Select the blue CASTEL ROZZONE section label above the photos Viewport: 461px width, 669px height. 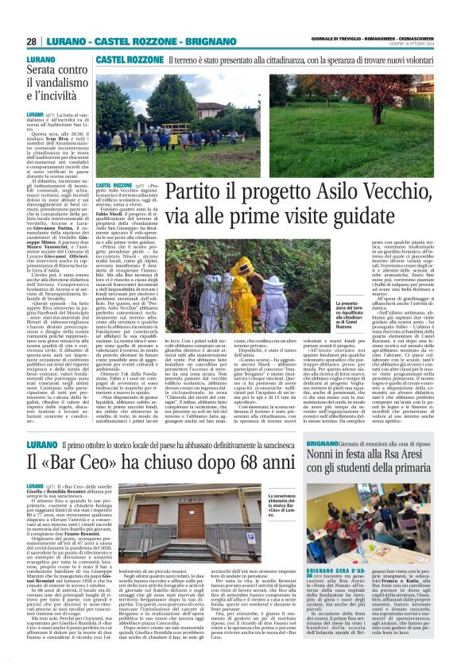[x=118, y=60]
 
